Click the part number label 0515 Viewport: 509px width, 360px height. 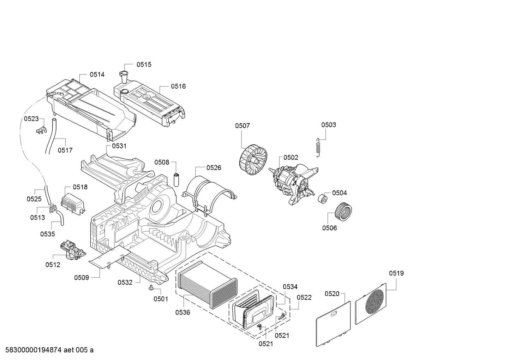point(144,64)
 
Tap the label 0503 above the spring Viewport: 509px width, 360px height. point(328,125)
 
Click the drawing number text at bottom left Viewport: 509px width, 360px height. point(47,350)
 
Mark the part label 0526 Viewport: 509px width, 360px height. point(214,167)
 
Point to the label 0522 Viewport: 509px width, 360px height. point(304,297)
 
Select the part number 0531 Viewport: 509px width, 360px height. point(119,146)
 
